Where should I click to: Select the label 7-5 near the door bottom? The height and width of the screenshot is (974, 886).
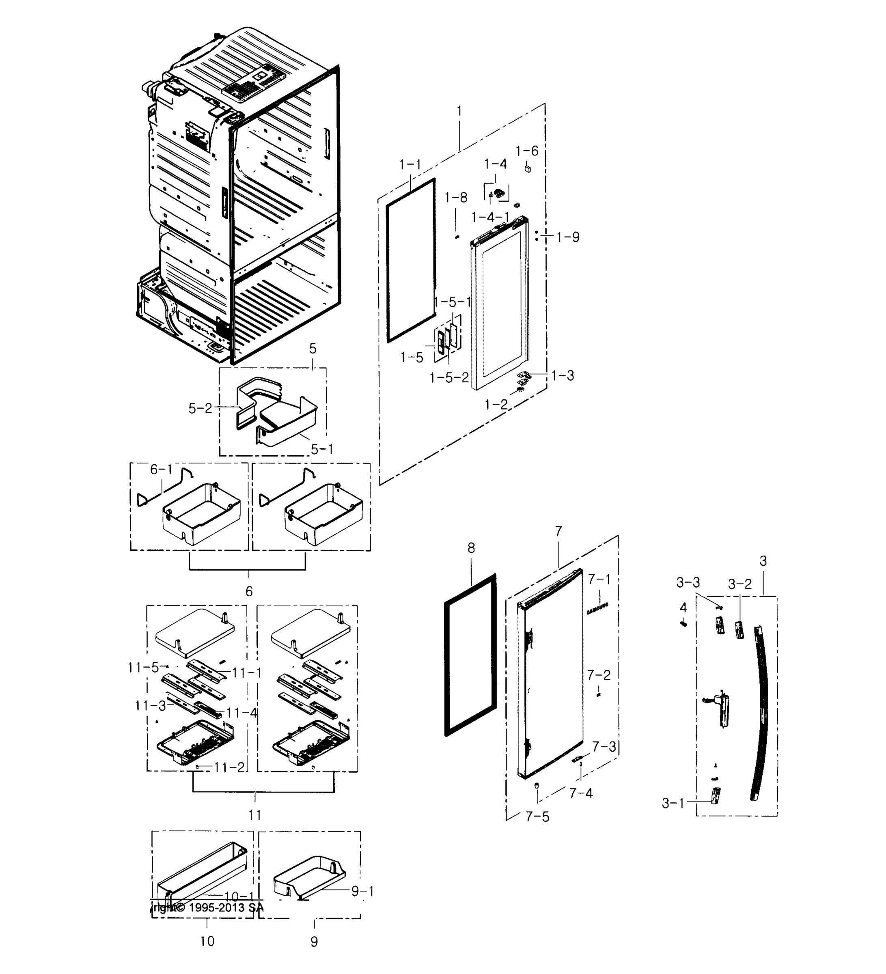[537, 817]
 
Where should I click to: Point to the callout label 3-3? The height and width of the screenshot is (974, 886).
[688, 583]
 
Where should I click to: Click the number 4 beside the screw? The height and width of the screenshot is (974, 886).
[683, 607]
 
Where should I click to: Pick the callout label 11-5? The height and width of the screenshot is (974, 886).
[143, 667]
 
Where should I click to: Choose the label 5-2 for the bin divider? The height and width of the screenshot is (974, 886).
[200, 408]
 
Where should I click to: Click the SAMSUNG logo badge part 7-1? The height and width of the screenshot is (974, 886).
[597, 608]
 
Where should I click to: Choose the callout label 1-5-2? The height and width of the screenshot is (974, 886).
[449, 377]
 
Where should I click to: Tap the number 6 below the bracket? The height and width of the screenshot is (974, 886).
[249, 591]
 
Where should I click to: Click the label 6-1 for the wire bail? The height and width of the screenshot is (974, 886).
[161, 469]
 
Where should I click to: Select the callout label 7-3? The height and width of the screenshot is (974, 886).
[604, 746]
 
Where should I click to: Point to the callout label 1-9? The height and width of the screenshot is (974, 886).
[568, 237]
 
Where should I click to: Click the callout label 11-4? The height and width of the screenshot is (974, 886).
[241, 713]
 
